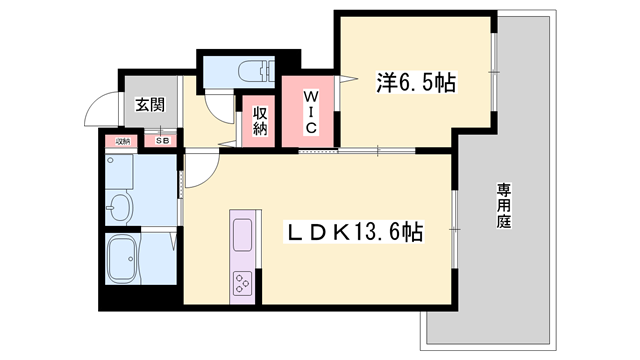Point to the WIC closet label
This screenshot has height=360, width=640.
coord(310,111)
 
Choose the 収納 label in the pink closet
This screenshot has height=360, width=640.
coord(259,120)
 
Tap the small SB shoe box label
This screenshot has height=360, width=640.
coord(163,141)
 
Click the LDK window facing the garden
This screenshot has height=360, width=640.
coord(455,230)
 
